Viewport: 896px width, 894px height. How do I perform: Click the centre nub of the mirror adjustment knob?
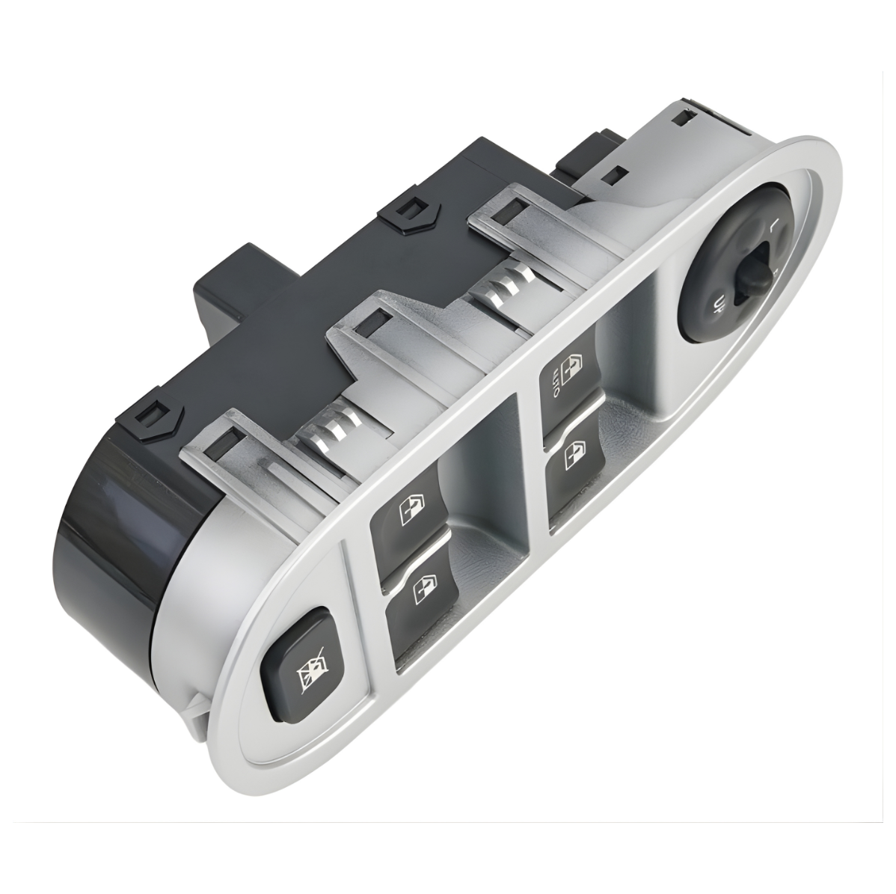point(752,275)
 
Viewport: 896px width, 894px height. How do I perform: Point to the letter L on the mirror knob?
point(773,224)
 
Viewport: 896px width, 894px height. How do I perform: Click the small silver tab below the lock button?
point(196,708)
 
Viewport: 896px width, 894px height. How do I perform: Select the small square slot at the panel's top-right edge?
point(681,117)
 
